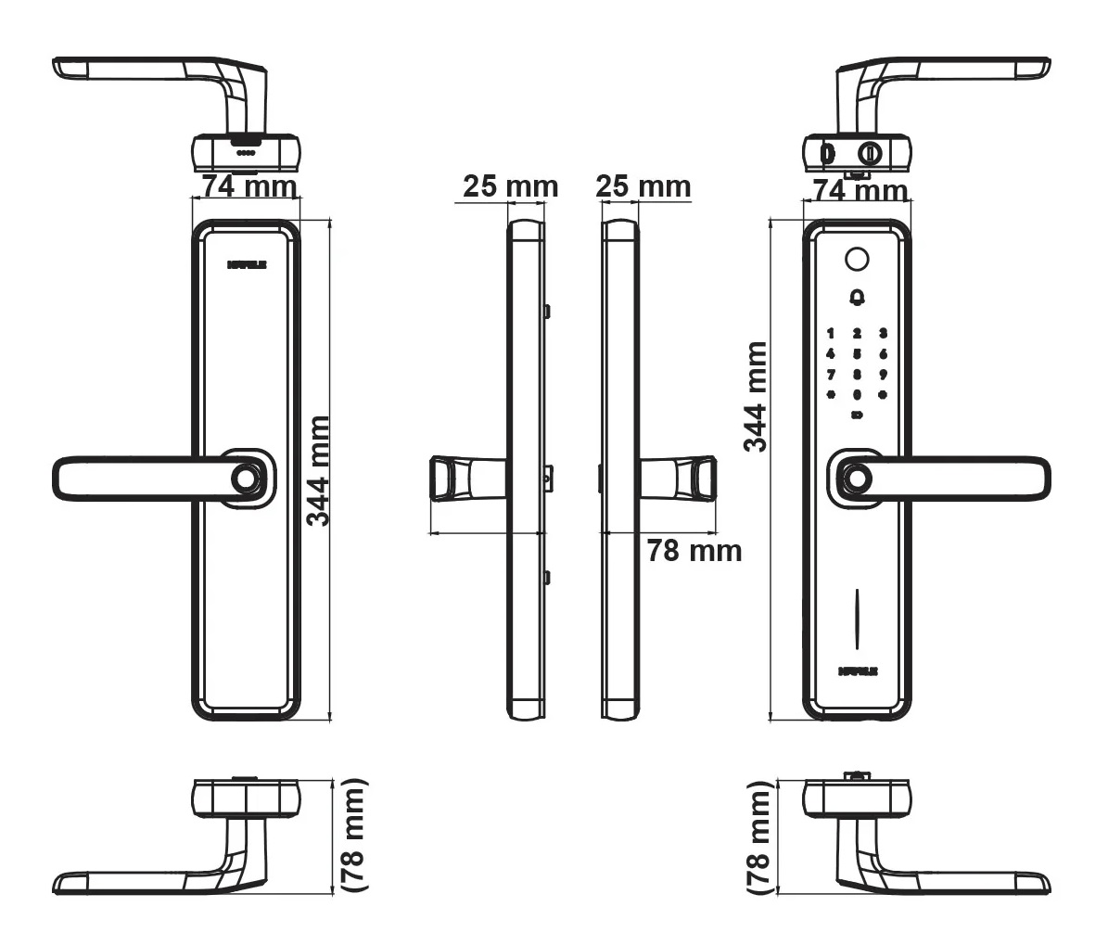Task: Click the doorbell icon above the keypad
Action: [857, 298]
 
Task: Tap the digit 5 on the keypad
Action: [858, 353]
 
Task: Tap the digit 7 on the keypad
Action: [831, 375]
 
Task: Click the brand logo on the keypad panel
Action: [858, 669]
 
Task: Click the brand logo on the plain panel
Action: [247, 264]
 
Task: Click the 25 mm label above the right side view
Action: [643, 186]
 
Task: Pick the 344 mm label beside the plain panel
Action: [318, 470]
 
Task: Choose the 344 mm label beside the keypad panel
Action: [757, 396]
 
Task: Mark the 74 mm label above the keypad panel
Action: [860, 191]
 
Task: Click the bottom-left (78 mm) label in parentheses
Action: [353, 835]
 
